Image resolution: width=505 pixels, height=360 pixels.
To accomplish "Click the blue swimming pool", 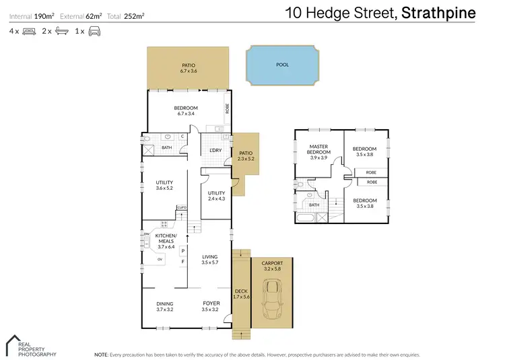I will pyautogui.click(x=283, y=65).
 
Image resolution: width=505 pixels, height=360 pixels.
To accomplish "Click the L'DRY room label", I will pyautogui.click(x=215, y=149).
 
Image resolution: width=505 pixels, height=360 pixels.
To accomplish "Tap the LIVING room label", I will pyautogui.click(x=210, y=256).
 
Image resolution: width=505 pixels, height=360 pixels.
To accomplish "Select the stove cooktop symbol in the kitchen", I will pyautogui.click(x=163, y=223).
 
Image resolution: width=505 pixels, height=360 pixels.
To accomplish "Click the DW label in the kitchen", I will pyautogui.click(x=146, y=234).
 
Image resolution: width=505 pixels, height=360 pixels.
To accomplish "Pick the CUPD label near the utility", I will pyautogui.click(x=181, y=207).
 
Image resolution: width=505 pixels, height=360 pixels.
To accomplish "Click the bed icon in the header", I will pyautogui.click(x=28, y=31).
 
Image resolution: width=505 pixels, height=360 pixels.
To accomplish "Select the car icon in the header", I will pyautogui.click(x=94, y=31).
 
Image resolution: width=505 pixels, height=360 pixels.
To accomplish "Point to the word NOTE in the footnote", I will pyautogui.click(x=101, y=354).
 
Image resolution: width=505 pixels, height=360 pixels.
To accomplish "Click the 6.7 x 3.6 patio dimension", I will pyautogui.click(x=188, y=71).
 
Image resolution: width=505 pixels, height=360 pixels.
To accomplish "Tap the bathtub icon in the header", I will pyautogui.click(x=61, y=31).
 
